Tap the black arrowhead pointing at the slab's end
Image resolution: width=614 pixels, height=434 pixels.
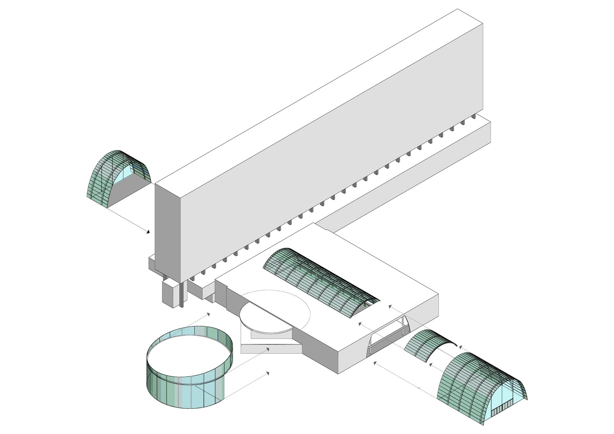148,232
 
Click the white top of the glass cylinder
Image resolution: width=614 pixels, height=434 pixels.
188,352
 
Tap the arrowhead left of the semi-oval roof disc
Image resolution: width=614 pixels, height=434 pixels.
208,314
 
